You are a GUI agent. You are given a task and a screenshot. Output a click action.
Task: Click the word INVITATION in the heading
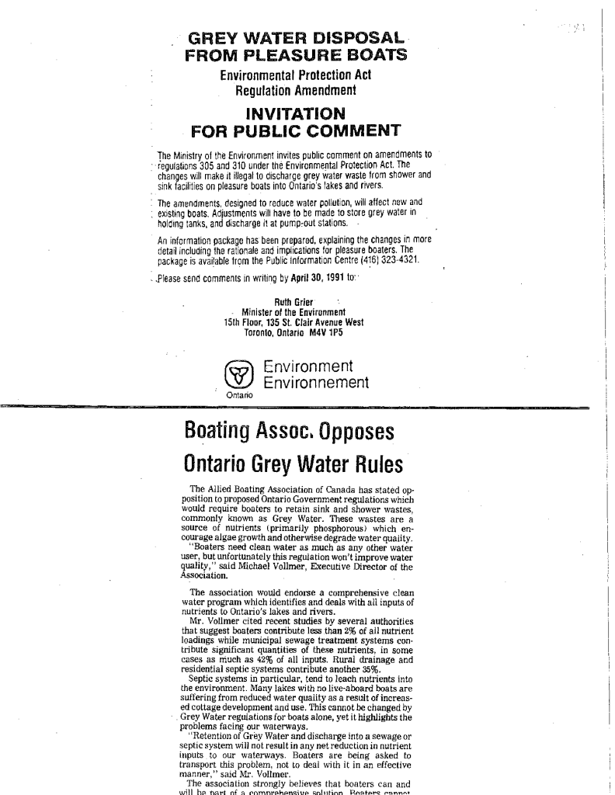point(294,113)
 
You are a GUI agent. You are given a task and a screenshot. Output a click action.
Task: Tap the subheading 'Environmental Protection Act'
point(295,75)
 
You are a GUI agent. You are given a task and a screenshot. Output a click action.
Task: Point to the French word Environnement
point(315,383)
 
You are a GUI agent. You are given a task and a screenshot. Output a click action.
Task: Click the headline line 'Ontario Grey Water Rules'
point(293,464)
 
